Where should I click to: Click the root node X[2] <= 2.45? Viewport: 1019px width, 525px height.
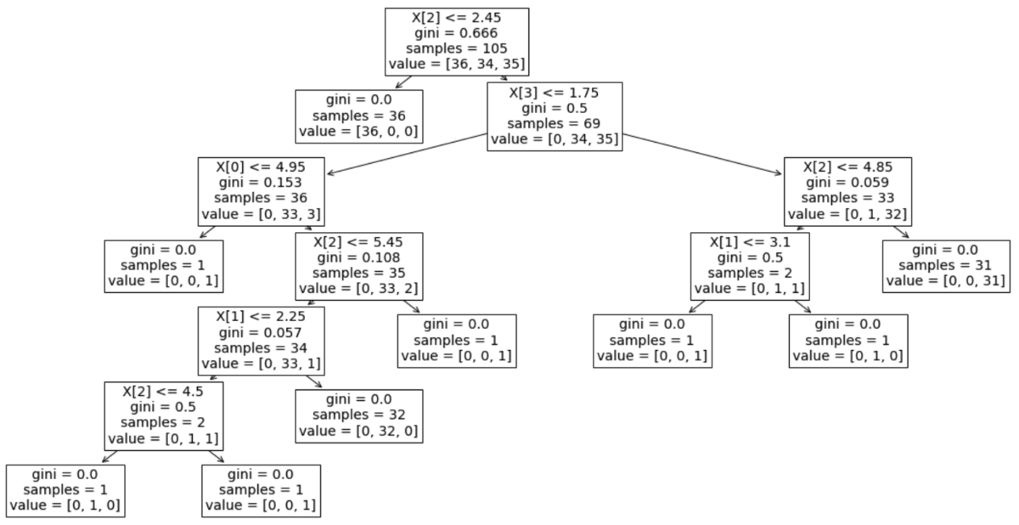point(457,42)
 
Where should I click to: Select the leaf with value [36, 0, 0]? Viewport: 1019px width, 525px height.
point(359,116)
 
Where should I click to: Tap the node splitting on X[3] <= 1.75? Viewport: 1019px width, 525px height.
point(555,116)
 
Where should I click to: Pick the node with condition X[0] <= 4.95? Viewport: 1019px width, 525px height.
point(262,191)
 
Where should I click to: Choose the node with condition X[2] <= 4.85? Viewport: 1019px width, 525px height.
point(847,191)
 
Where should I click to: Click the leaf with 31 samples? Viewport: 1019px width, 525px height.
point(946,266)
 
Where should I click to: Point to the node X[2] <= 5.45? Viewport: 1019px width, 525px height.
point(359,266)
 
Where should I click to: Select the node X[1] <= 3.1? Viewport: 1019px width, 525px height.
point(750,266)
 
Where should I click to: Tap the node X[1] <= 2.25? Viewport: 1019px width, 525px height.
point(262,341)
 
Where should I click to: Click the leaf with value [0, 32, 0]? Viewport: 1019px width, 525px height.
point(359,415)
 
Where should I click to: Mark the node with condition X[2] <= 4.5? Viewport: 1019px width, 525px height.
point(164,415)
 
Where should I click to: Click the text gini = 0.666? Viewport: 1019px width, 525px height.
point(456,33)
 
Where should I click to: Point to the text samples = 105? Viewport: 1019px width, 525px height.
point(457,48)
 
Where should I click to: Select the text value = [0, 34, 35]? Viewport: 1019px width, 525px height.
point(555,138)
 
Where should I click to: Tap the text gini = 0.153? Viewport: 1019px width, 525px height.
point(260,183)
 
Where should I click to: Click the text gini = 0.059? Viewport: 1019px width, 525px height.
point(847,183)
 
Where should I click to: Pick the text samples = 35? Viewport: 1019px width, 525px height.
point(359,273)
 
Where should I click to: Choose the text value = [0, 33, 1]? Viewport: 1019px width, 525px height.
point(262,364)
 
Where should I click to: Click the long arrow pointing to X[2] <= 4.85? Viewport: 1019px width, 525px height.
point(702,154)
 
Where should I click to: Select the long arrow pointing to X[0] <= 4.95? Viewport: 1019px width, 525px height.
point(407,154)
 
